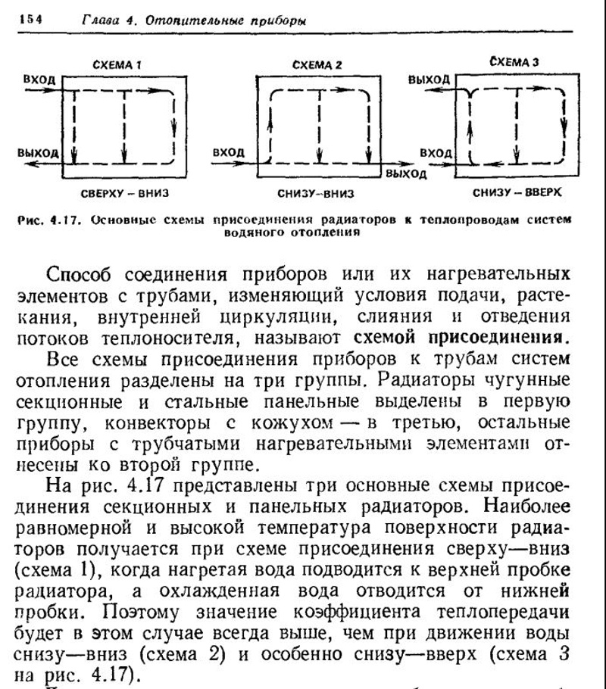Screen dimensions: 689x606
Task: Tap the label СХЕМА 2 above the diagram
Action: pyautogui.click(x=316, y=65)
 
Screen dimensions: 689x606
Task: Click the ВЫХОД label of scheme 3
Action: pyautogui.click(x=429, y=79)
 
